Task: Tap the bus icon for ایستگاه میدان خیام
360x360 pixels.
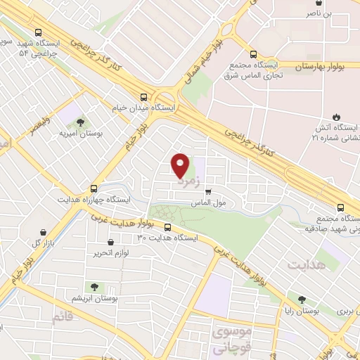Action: pos(144,98)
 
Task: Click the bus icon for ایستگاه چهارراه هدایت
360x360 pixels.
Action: pos(94,188)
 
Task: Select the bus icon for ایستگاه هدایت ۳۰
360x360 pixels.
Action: pos(167,227)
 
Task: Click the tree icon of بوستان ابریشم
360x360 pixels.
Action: pos(92,287)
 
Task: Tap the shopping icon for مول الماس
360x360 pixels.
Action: pos(207,191)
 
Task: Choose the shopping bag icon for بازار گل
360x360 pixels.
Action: pos(45,233)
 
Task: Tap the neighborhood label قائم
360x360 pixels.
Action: pos(62,318)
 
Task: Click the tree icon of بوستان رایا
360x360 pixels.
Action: pos(302,299)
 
